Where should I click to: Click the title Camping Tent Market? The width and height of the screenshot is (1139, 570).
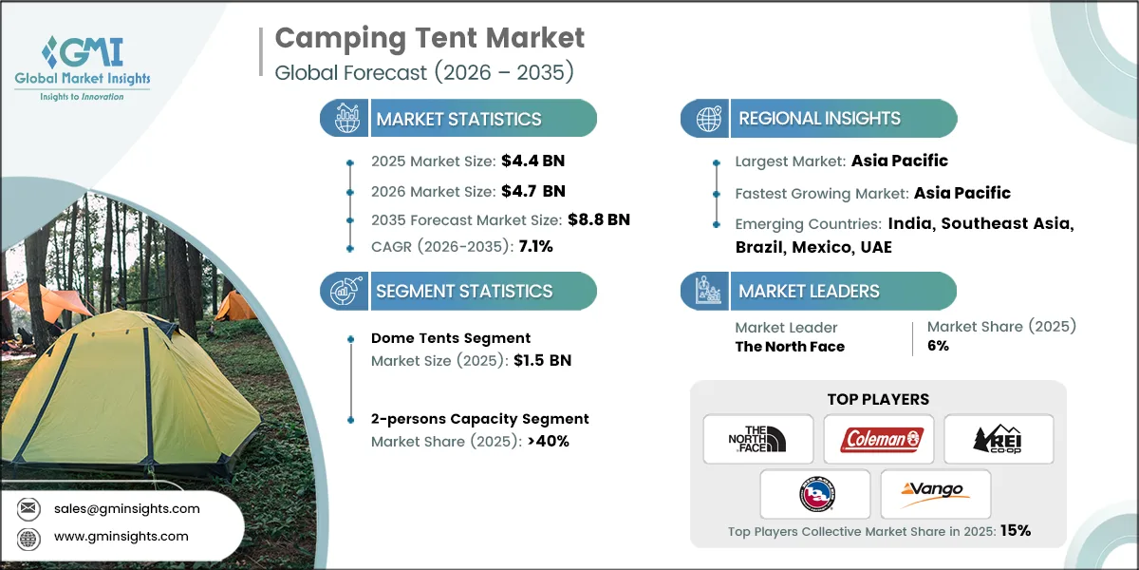430,38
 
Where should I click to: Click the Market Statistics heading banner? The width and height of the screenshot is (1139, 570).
458,119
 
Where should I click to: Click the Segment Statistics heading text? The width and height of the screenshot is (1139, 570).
463,292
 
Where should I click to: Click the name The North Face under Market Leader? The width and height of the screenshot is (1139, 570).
790,347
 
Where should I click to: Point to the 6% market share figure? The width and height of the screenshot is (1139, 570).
938,347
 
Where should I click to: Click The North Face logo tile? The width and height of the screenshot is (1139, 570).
758,439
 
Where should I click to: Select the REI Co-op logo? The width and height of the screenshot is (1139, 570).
999,439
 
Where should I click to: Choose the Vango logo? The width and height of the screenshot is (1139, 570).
935,493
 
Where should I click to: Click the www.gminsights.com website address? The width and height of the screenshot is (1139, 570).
121,537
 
